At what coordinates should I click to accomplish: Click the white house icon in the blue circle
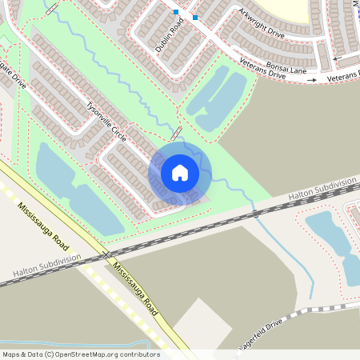(x=180, y=172)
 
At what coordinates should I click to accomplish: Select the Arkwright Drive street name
(x=261, y=23)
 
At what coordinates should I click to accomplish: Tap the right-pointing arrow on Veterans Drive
(x=311, y=80)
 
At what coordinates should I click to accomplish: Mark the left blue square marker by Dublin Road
(x=176, y=11)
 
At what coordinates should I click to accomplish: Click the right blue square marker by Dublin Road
(x=194, y=17)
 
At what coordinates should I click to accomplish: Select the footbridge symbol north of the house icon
(x=177, y=134)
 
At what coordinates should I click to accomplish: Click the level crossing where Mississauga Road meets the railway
(x=106, y=254)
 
